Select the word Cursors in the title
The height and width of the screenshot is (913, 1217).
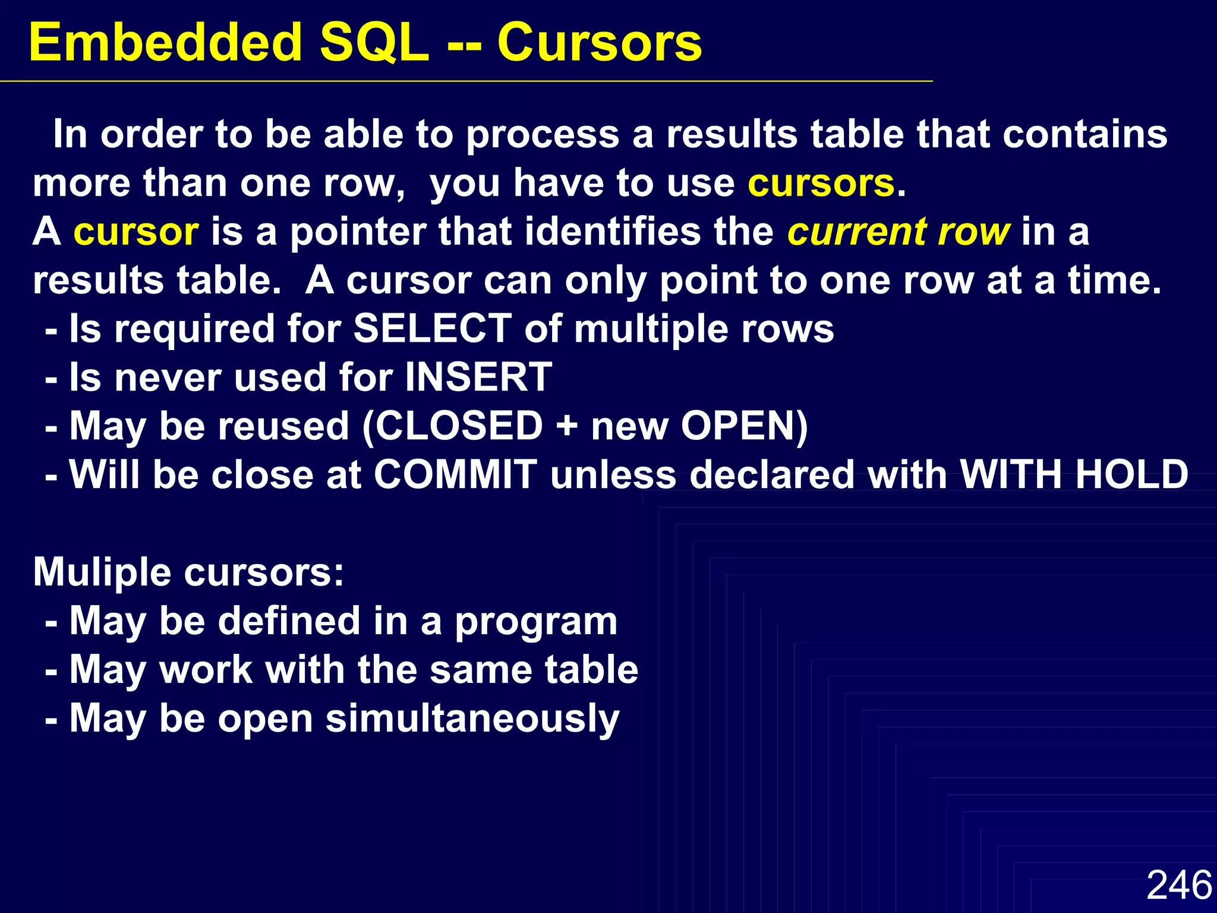(x=599, y=43)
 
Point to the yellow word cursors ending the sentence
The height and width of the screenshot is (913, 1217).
(x=821, y=183)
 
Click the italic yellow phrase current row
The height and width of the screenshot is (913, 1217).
(x=898, y=232)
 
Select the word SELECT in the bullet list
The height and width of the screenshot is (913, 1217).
(x=432, y=329)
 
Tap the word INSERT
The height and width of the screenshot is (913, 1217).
(x=478, y=377)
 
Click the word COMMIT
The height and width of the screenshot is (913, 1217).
(x=455, y=475)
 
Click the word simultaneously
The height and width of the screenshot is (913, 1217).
(x=472, y=719)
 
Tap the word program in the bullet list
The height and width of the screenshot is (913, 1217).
(x=536, y=622)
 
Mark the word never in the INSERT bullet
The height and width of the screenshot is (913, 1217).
(x=168, y=378)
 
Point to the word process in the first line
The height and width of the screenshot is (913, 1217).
(x=543, y=136)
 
